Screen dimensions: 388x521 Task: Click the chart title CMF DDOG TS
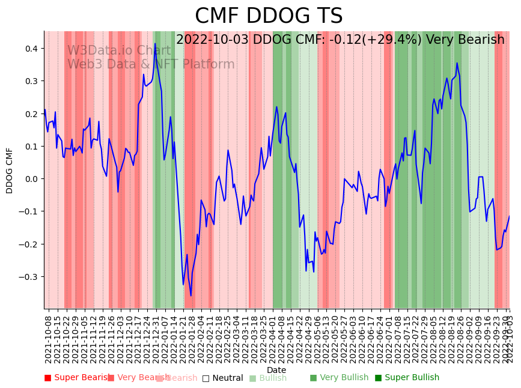pos(269,16)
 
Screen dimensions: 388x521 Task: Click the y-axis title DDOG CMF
pos(10,171)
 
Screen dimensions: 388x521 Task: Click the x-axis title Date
pos(276,370)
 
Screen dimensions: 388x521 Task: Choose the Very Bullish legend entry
pos(339,378)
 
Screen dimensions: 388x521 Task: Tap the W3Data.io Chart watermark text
pos(119,51)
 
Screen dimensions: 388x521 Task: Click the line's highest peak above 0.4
pos(155,44)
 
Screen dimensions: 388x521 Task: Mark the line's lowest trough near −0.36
pos(191,296)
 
